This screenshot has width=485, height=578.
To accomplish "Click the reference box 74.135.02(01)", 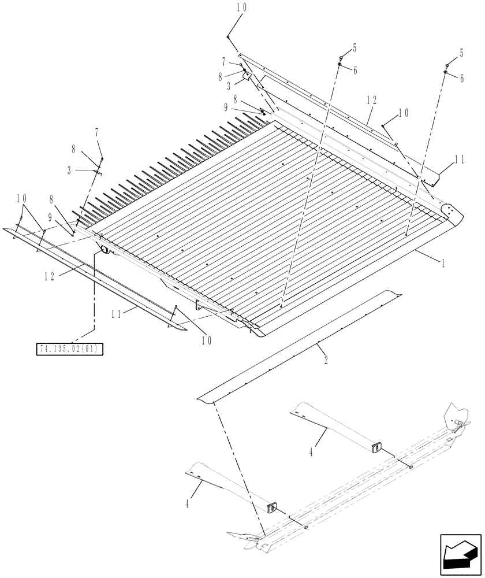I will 70,349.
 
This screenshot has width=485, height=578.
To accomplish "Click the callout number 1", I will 443,263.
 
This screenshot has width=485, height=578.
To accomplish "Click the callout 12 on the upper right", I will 371,100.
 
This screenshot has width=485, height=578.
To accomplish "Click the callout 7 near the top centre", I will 224,60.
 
